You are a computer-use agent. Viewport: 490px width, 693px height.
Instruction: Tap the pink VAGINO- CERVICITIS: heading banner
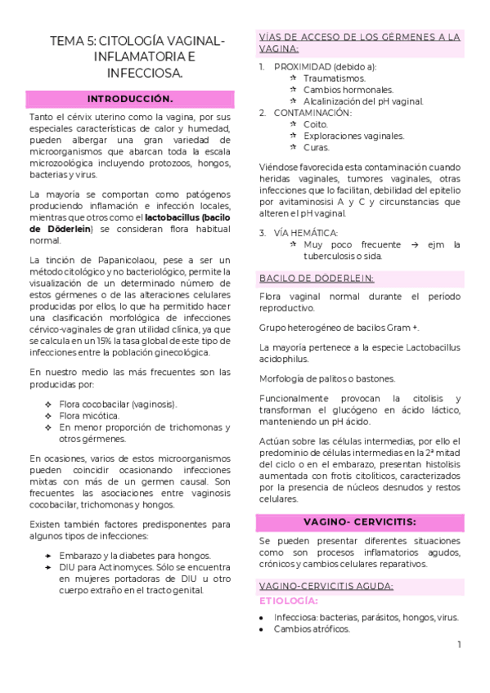tap(359, 521)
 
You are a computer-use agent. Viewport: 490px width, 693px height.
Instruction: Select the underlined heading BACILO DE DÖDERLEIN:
tap(316, 278)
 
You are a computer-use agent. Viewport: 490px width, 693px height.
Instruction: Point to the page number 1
tap(460, 645)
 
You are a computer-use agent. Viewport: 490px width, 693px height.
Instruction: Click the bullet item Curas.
tap(317, 147)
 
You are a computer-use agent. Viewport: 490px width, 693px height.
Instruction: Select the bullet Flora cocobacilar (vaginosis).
tap(118, 404)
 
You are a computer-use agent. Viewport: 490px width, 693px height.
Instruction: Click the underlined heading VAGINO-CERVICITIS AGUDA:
tap(326, 586)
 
